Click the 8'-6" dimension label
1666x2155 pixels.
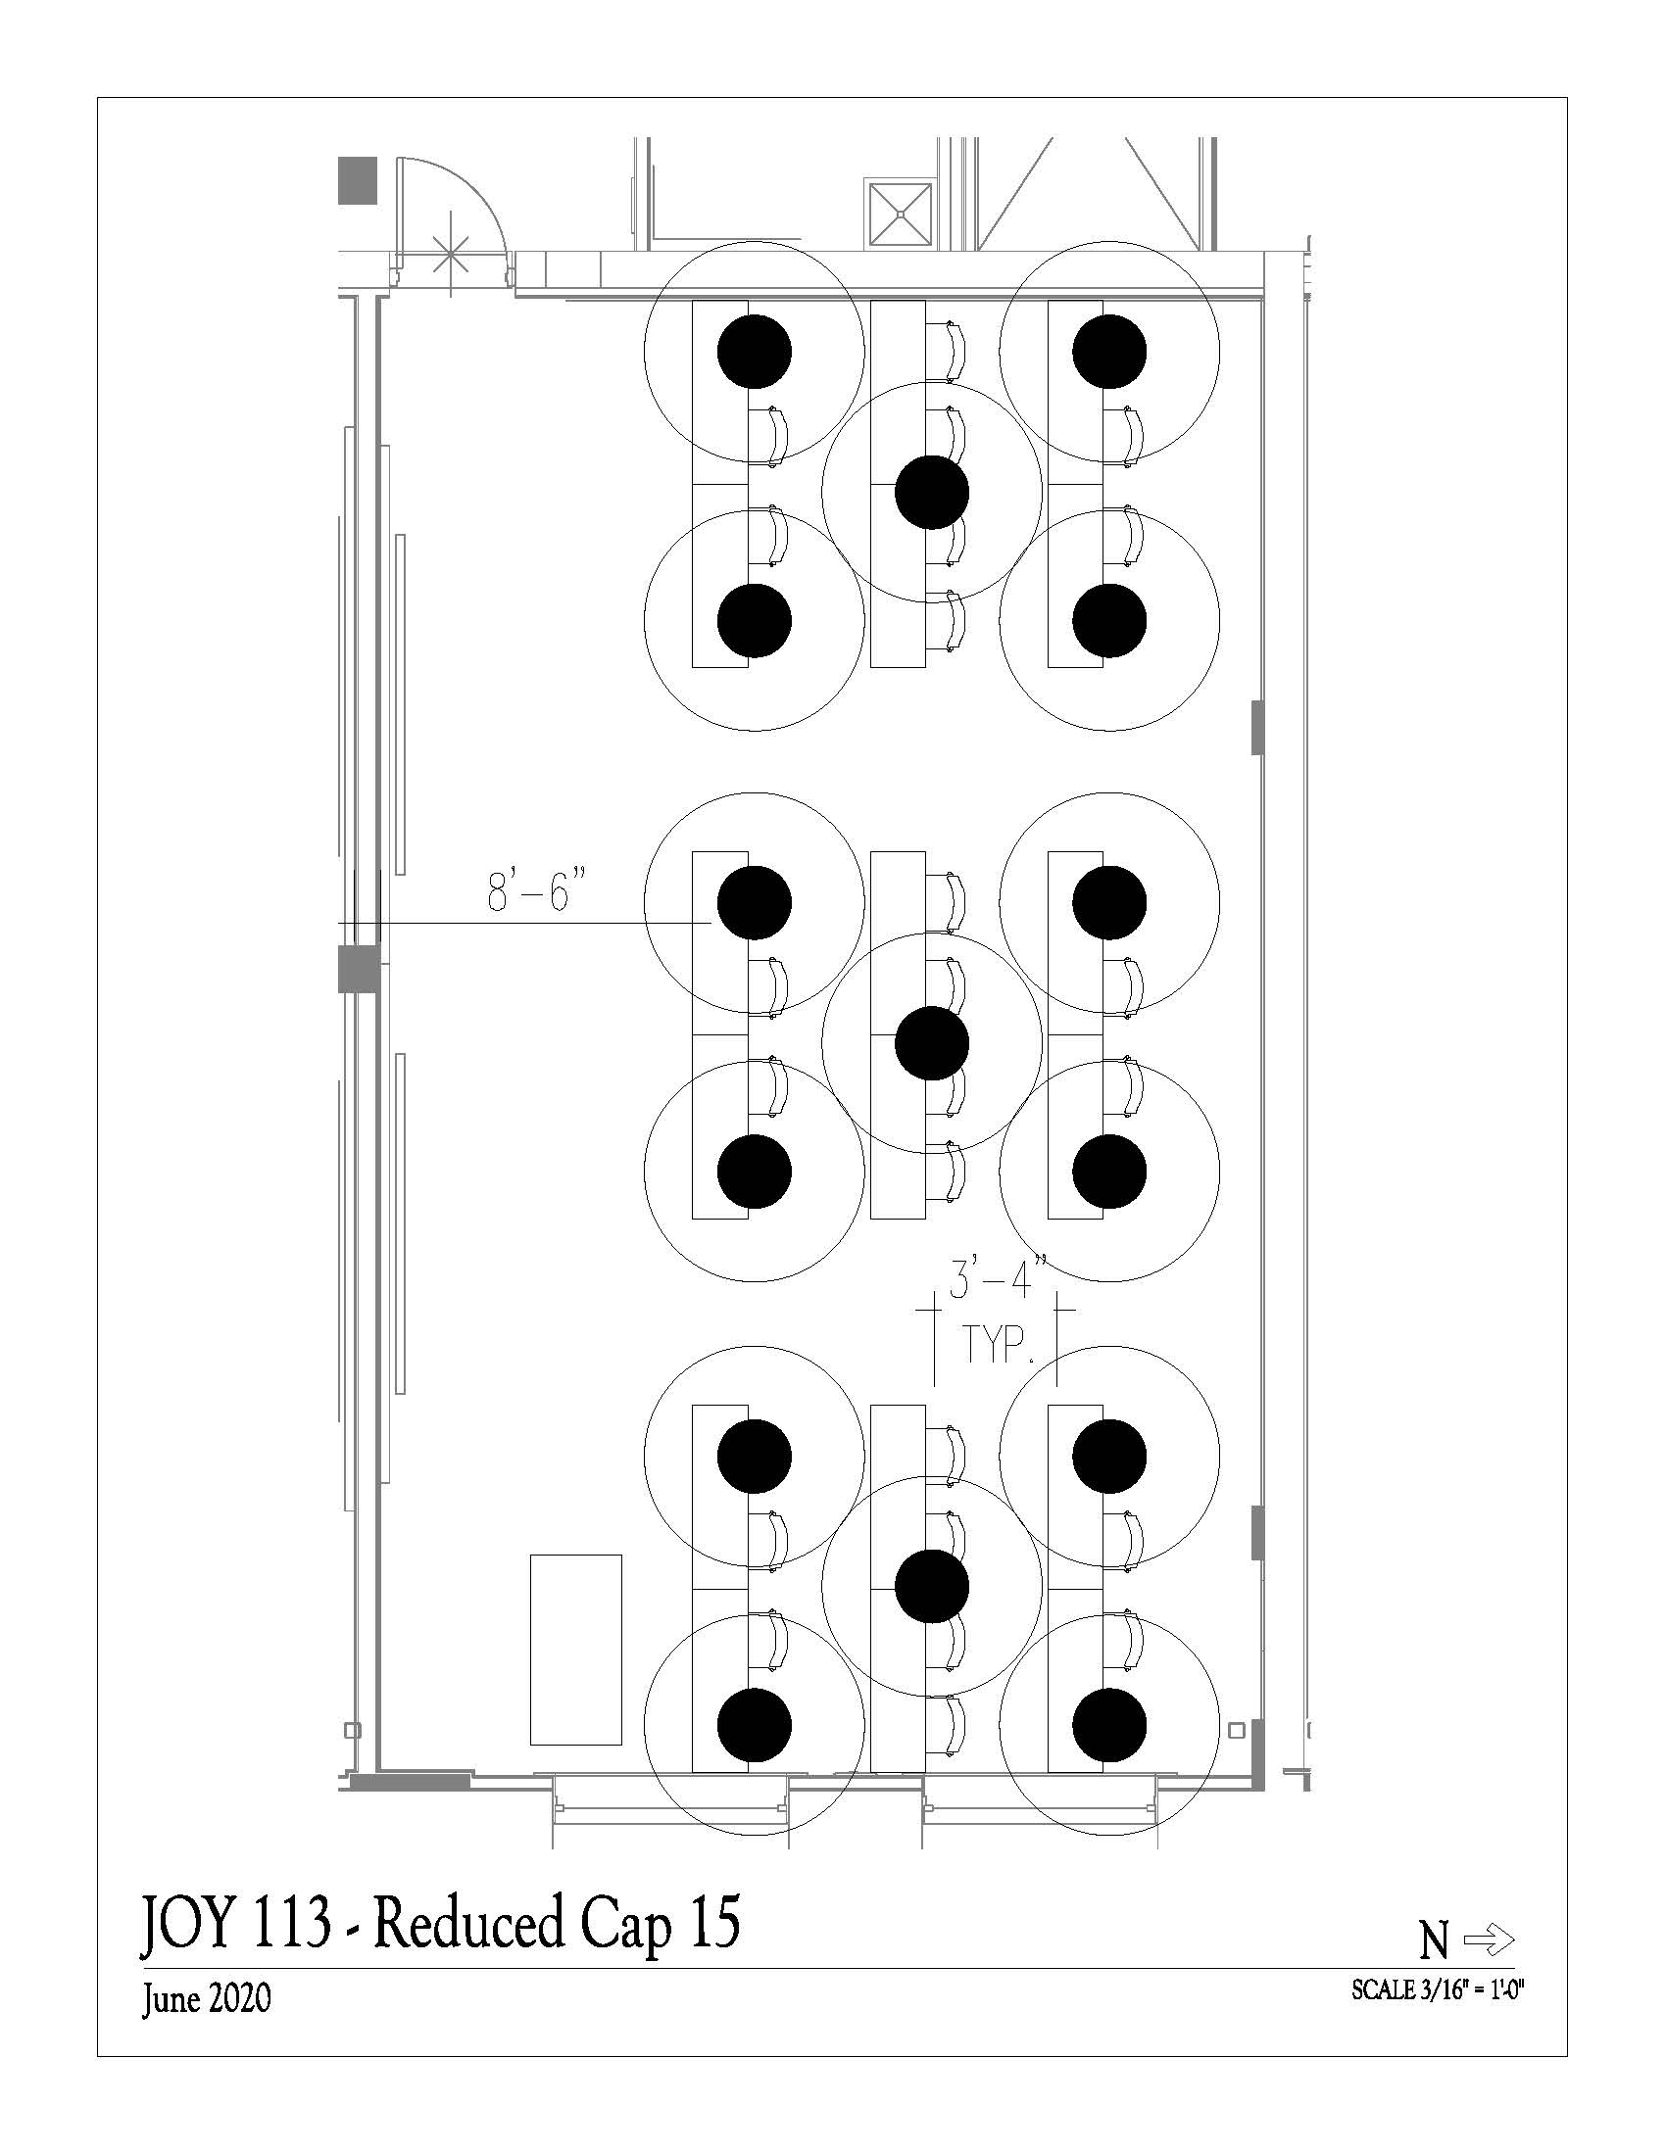pyautogui.click(x=531, y=891)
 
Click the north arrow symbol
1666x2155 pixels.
pyautogui.click(x=1490, y=1940)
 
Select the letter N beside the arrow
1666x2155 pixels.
pyautogui.click(x=1434, y=1942)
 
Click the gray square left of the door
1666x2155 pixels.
pyautogui.click(x=359, y=180)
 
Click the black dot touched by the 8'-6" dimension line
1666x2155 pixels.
pyautogui.click(x=754, y=902)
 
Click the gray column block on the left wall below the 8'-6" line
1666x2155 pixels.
pyautogui.click(x=360, y=969)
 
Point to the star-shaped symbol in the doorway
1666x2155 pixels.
pyautogui.click(x=451, y=255)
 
